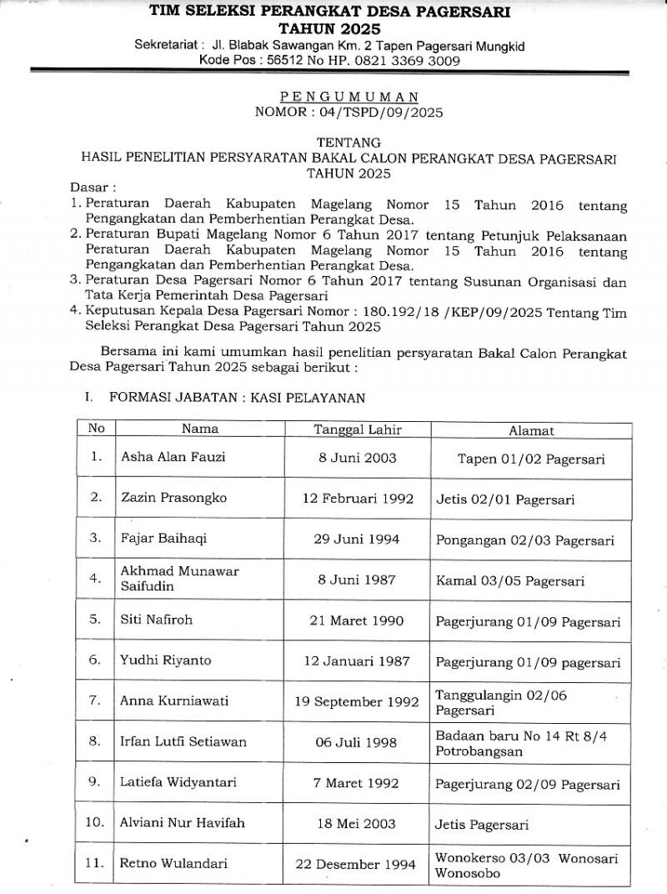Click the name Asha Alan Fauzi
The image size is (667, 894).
(173, 457)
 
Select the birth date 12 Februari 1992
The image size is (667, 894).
(357, 498)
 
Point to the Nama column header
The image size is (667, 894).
(200, 429)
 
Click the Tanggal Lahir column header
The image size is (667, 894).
(357, 429)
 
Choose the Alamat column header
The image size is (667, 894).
(531, 430)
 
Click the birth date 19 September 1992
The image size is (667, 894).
(356, 701)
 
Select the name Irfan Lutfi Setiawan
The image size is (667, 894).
(183, 741)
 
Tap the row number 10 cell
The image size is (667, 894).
(97, 822)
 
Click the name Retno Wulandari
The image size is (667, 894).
(174, 864)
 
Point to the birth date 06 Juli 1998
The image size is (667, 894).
(357, 742)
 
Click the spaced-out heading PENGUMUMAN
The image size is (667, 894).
(349, 97)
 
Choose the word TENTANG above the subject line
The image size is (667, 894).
(349, 143)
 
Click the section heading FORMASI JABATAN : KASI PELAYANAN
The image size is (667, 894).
(237, 398)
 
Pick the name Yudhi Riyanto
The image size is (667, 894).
(166, 660)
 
